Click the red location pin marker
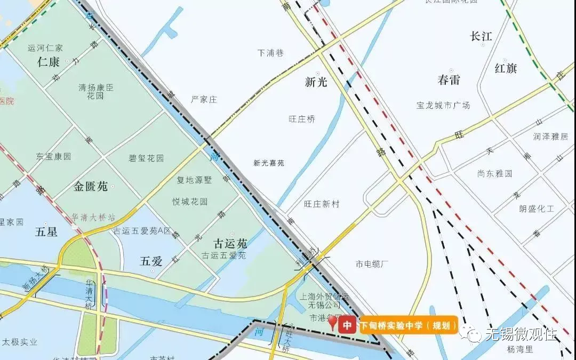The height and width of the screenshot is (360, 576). pyautogui.click(x=333, y=322)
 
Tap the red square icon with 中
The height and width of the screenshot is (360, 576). pyautogui.click(x=347, y=325)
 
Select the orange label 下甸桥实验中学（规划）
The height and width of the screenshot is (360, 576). pyautogui.click(x=409, y=325)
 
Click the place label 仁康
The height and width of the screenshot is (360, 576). pyautogui.click(x=48, y=62)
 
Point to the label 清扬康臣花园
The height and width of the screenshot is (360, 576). pyautogui.click(x=96, y=91)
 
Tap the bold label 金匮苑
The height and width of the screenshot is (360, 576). pyautogui.click(x=91, y=186)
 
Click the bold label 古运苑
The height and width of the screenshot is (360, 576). pyautogui.click(x=230, y=244)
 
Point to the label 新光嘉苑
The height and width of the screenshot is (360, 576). pyautogui.click(x=269, y=163)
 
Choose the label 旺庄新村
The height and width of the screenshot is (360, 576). pyautogui.click(x=322, y=204)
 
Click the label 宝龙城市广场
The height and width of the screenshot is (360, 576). pyautogui.click(x=444, y=105)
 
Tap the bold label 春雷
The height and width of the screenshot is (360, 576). pyautogui.click(x=449, y=81)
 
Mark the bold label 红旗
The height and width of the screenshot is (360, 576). pyautogui.click(x=506, y=68)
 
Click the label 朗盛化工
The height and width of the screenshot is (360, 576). pyautogui.click(x=537, y=209)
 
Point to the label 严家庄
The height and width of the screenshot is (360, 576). pyautogui.click(x=204, y=99)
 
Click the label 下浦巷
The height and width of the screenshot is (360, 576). pyautogui.click(x=270, y=53)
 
